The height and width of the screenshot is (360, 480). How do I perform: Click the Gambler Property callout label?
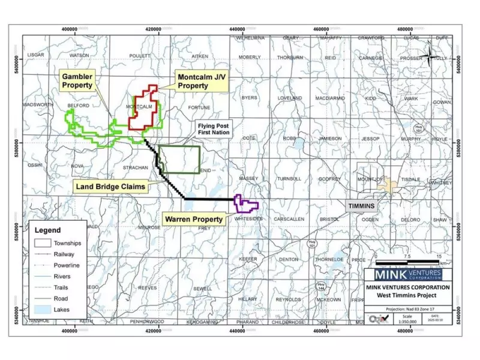[x=77, y=81]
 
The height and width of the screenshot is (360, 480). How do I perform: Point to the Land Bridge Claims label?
[x=111, y=187]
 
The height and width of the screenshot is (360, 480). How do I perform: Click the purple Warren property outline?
[x=246, y=205]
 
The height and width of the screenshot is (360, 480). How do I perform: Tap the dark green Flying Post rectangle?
[x=180, y=160]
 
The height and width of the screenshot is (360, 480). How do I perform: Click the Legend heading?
[x=47, y=230]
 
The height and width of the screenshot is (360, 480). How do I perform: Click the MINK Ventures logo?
[x=408, y=275]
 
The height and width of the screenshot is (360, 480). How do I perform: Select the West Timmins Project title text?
[x=408, y=296]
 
